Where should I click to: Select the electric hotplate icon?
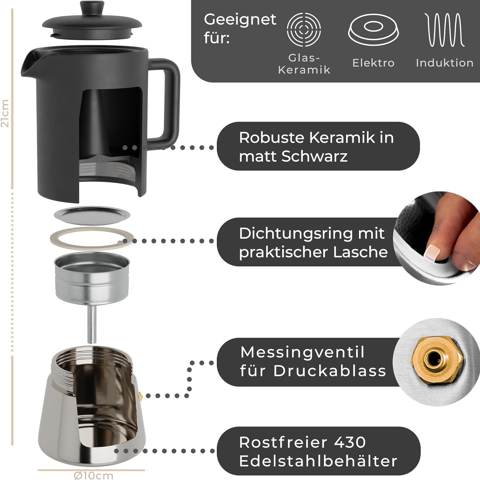(x=373, y=30)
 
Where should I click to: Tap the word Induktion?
(x=444, y=63)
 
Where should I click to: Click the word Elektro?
(x=373, y=63)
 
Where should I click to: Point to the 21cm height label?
(x=5, y=113)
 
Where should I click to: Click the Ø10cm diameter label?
(x=93, y=475)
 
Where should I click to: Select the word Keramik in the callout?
(x=342, y=138)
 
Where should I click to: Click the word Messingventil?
(x=302, y=353)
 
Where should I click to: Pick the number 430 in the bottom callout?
(x=349, y=442)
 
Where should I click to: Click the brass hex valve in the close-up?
(x=437, y=360)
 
